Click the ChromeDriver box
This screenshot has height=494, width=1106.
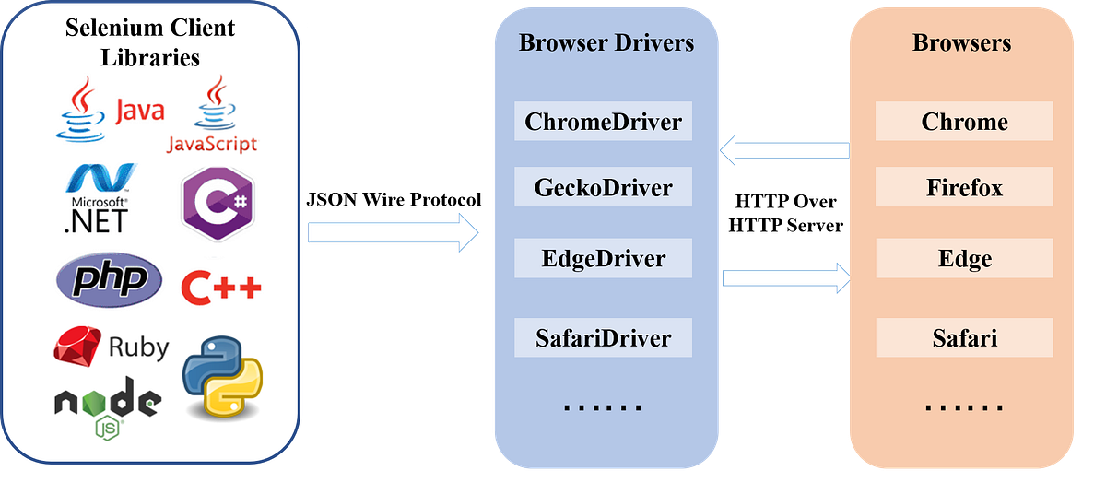pos(604,122)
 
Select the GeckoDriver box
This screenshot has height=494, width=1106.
pos(604,188)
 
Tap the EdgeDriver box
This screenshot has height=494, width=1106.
pos(604,258)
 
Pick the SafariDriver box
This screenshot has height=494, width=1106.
pos(604,338)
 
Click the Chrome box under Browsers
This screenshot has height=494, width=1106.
pos(964,122)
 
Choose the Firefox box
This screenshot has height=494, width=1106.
pos(964,188)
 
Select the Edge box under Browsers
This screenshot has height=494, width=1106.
pos(964,258)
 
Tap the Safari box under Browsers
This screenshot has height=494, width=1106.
pos(964,338)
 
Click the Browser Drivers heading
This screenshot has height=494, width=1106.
pos(606,43)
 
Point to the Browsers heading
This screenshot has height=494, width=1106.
pos(961,43)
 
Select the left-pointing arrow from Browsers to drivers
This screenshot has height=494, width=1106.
pos(783,148)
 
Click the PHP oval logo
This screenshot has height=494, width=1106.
pos(110,280)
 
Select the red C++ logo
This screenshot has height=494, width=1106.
pos(221,288)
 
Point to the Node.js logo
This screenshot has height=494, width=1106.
pos(108,406)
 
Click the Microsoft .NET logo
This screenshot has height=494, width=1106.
pos(96,197)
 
